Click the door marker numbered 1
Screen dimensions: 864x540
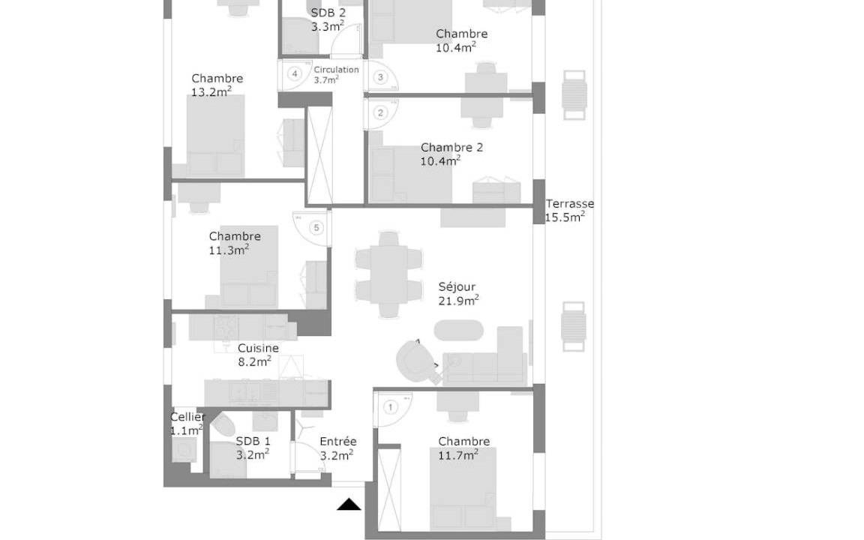point(391,408)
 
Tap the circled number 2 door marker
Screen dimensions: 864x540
point(380,113)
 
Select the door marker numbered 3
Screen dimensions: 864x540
point(380,78)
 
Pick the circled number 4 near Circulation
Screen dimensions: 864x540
point(295,73)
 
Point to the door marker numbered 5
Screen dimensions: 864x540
point(316,227)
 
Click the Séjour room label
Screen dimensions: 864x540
point(457,287)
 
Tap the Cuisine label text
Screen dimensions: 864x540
point(258,348)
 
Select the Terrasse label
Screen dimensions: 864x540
point(570,203)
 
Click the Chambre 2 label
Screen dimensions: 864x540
point(451,148)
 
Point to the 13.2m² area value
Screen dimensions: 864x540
point(211,92)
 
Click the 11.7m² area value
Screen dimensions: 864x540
point(458,455)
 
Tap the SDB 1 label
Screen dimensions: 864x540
point(253,441)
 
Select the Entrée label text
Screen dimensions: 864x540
point(337,441)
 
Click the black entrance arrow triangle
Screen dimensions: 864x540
point(349,504)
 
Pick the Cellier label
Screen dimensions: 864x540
point(187,417)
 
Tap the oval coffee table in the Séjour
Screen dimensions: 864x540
point(458,331)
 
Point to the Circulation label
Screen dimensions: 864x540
point(336,70)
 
